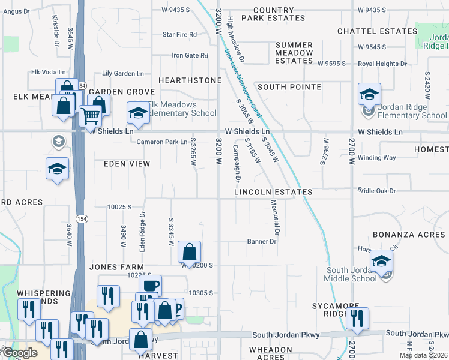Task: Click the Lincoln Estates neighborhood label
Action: pyautogui.click(x=273, y=192)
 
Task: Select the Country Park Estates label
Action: pyautogui.click(x=273, y=14)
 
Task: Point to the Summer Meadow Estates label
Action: pyautogui.click(x=294, y=53)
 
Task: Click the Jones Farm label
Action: pyautogui.click(x=117, y=266)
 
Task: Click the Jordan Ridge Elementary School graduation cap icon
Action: pyautogui.click(x=369, y=94)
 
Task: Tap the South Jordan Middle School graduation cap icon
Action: pyautogui.click(x=381, y=261)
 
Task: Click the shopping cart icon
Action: pyautogui.click(x=90, y=115)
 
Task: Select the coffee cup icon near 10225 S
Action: pyautogui.click(x=150, y=285)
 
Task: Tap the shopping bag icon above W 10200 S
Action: pyautogui.click(x=190, y=253)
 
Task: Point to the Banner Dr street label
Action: pyautogui.click(x=262, y=242)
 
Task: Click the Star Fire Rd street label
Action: pyautogui.click(x=179, y=35)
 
